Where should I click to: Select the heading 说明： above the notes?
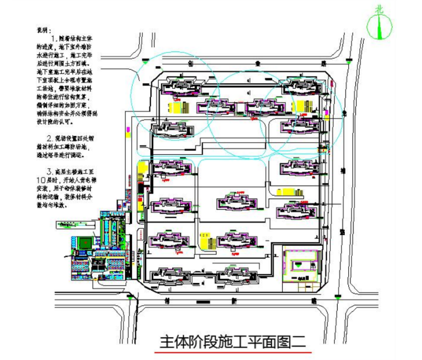click(44, 28)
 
